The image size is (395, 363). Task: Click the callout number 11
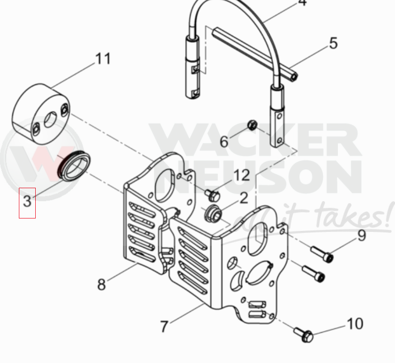point(103,59)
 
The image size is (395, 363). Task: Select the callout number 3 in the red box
point(27,201)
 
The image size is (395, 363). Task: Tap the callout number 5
point(333,43)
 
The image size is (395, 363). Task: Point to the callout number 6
point(224,142)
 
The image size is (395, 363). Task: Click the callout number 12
point(242,175)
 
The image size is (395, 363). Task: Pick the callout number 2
point(243,198)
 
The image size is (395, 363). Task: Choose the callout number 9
point(361,234)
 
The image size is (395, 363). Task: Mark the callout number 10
point(355,324)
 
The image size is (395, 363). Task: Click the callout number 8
point(101,285)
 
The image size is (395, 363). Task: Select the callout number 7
point(164,327)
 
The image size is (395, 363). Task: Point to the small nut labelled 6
point(252,124)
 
